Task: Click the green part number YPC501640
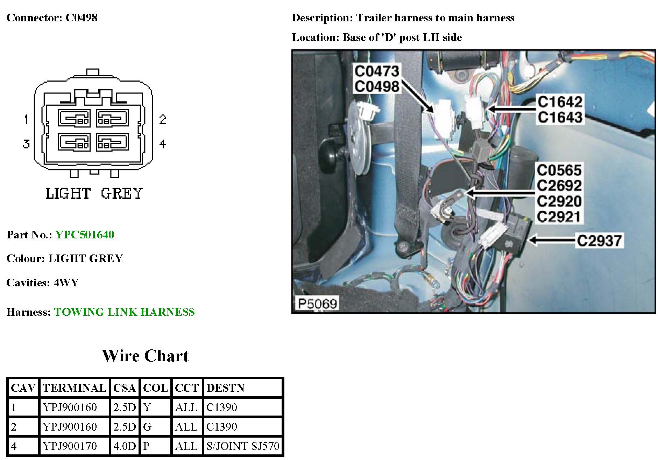click(85, 235)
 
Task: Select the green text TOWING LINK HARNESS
click(124, 312)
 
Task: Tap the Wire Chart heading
click(145, 356)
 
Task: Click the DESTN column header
click(225, 388)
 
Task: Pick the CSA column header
click(124, 388)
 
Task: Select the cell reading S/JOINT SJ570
click(243, 446)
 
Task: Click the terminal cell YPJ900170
click(70, 446)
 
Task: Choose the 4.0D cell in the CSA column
click(124, 446)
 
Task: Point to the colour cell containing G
click(147, 427)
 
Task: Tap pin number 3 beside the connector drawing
click(26, 144)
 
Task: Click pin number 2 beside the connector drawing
click(163, 120)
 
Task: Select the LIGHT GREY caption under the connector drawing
click(94, 194)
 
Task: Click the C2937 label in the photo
click(599, 241)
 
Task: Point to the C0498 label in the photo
click(377, 86)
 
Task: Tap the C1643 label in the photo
click(560, 117)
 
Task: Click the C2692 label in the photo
click(559, 186)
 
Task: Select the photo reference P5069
click(317, 304)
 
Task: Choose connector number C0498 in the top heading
click(82, 18)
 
